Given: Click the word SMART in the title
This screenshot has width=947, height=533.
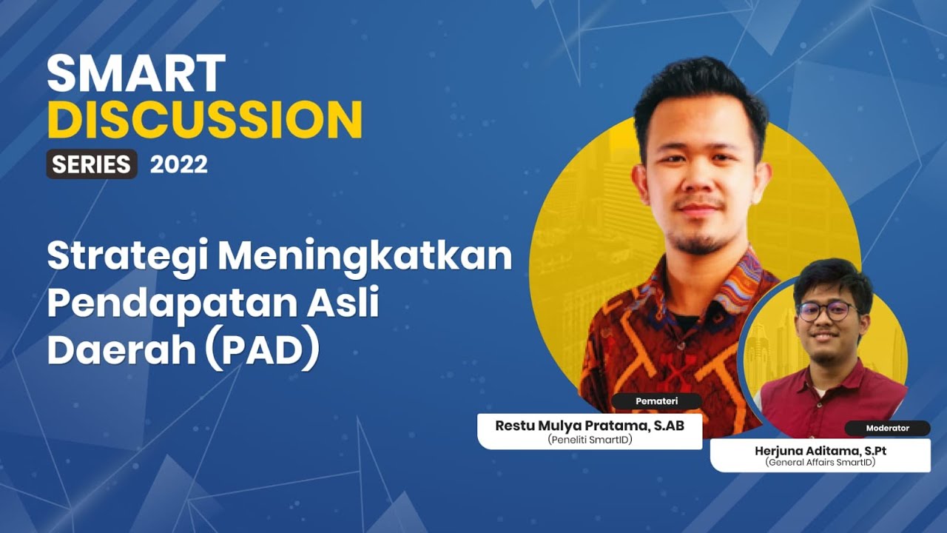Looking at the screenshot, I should click(x=136, y=73).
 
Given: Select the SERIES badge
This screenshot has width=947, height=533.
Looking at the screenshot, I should click(x=92, y=164).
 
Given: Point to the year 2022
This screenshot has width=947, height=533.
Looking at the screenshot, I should click(x=179, y=164).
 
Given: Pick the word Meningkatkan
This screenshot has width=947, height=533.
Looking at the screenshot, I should click(x=365, y=257).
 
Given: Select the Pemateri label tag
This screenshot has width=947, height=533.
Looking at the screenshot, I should click(x=657, y=401).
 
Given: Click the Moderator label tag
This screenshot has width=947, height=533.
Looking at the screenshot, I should click(x=887, y=428).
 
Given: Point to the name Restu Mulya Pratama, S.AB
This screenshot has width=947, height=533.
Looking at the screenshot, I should click(x=590, y=426).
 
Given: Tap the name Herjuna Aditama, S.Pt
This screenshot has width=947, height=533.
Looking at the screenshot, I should click(x=820, y=450).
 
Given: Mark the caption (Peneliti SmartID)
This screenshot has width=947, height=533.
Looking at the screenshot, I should click(x=590, y=440).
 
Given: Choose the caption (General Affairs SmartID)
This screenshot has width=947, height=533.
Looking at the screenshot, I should click(x=820, y=463).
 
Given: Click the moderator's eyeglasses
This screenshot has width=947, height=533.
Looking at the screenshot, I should click(x=826, y=311).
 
